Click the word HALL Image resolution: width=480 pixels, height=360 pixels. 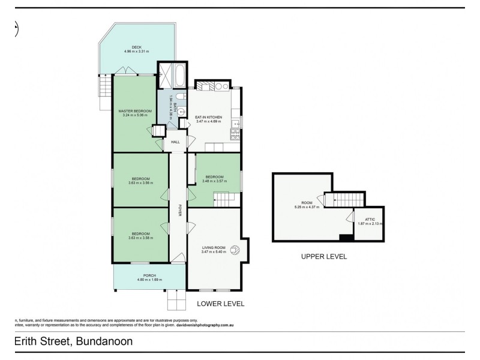175,142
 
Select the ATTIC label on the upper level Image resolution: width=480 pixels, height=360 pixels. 370,220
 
